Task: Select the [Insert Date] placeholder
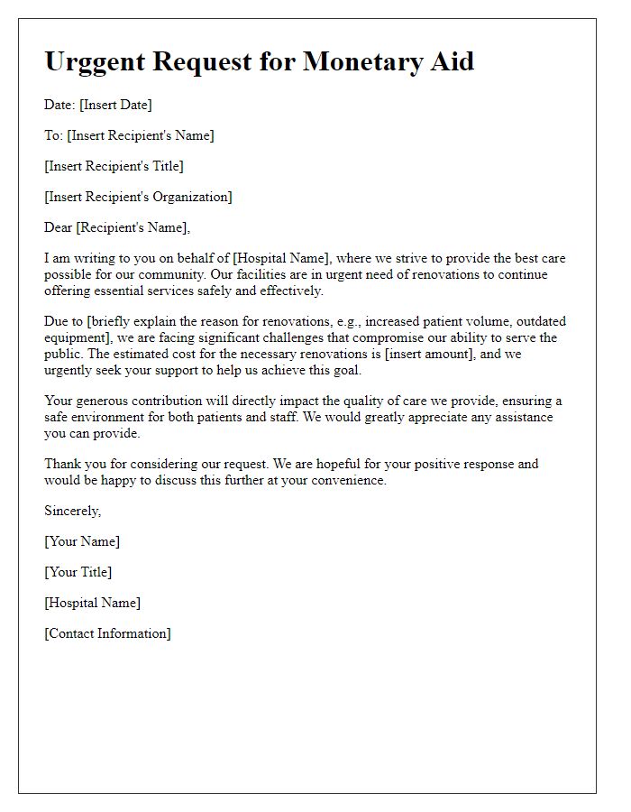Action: click(115, 105)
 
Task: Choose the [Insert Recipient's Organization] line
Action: click(138, 197)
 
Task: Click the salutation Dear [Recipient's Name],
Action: click(117, 227)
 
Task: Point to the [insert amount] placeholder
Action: click(425, 353)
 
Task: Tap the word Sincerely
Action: click(72, 511)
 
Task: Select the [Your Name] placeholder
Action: click(82, 541)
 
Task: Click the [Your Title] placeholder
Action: click(78, 572)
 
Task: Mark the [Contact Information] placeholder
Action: click(107, 633)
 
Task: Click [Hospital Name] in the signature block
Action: click(93, 603)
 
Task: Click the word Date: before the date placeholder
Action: click(59, 105)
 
